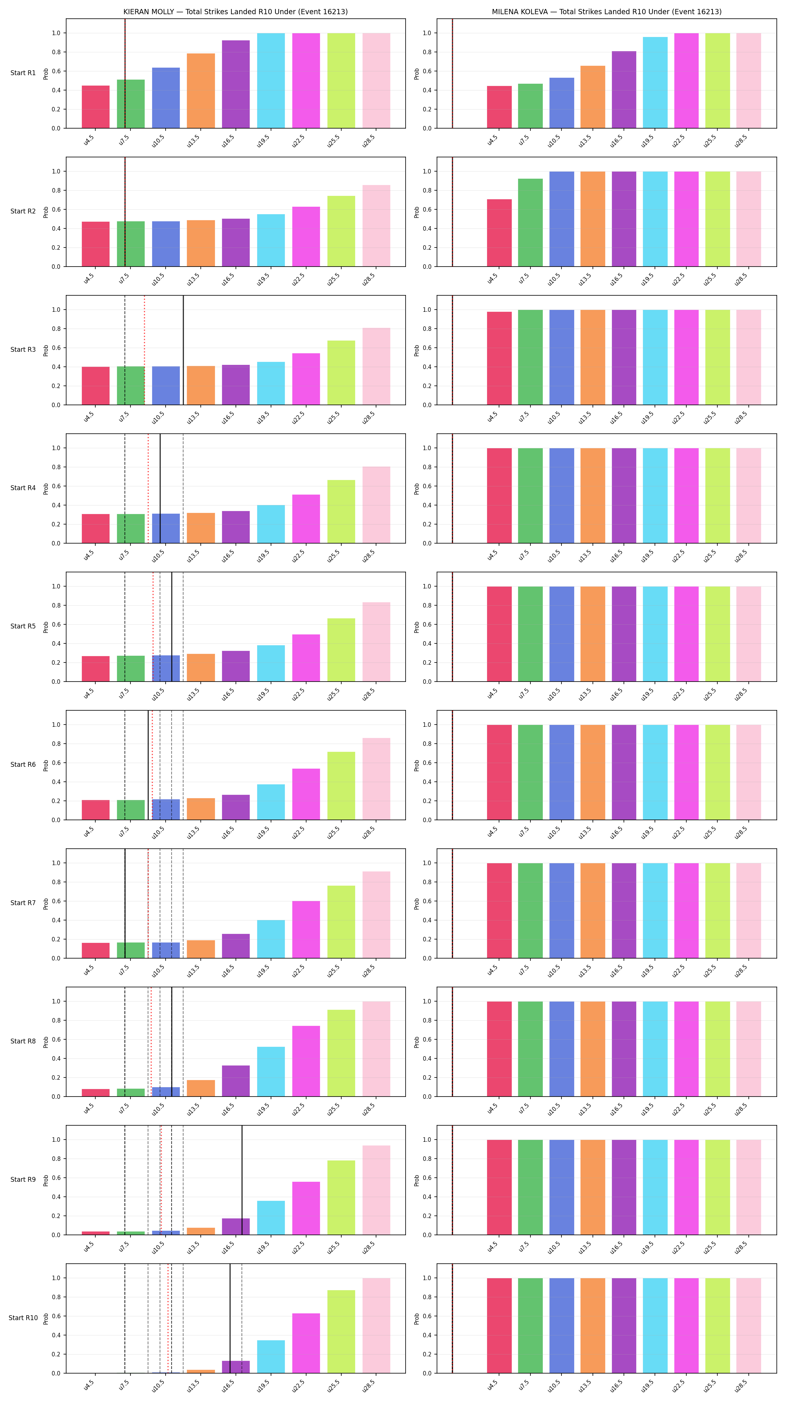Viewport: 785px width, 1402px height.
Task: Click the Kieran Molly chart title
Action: point(235,12)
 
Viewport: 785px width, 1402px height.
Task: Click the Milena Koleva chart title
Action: point(607,12)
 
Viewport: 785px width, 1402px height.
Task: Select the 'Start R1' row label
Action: point(23,73)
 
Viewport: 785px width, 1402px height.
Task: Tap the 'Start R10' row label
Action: point(23,1318)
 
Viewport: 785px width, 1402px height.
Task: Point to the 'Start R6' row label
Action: point(23,765)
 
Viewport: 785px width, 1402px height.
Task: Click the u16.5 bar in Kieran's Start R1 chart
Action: point(235,84)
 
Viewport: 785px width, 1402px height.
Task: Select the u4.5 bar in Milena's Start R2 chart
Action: point(499,233)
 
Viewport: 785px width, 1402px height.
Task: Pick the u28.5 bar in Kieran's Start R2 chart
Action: point(376,226)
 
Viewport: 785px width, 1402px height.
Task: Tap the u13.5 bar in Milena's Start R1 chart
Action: point(593,97)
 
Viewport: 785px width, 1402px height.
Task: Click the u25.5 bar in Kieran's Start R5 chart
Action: point(341,650)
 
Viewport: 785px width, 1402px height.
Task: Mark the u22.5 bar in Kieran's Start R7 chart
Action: point(306,929)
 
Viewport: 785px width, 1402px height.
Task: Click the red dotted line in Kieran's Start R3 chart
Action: point(144,350)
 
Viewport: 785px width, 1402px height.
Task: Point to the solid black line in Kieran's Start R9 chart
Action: point(242,1180)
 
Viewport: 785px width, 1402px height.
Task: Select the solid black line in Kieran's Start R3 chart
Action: point(183,350)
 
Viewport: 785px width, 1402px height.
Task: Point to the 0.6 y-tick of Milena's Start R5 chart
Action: point(427,624)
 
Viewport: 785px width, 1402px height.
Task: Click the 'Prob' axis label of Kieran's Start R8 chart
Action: point(46,1042)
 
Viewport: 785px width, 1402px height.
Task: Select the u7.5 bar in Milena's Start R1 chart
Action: point(530,106)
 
